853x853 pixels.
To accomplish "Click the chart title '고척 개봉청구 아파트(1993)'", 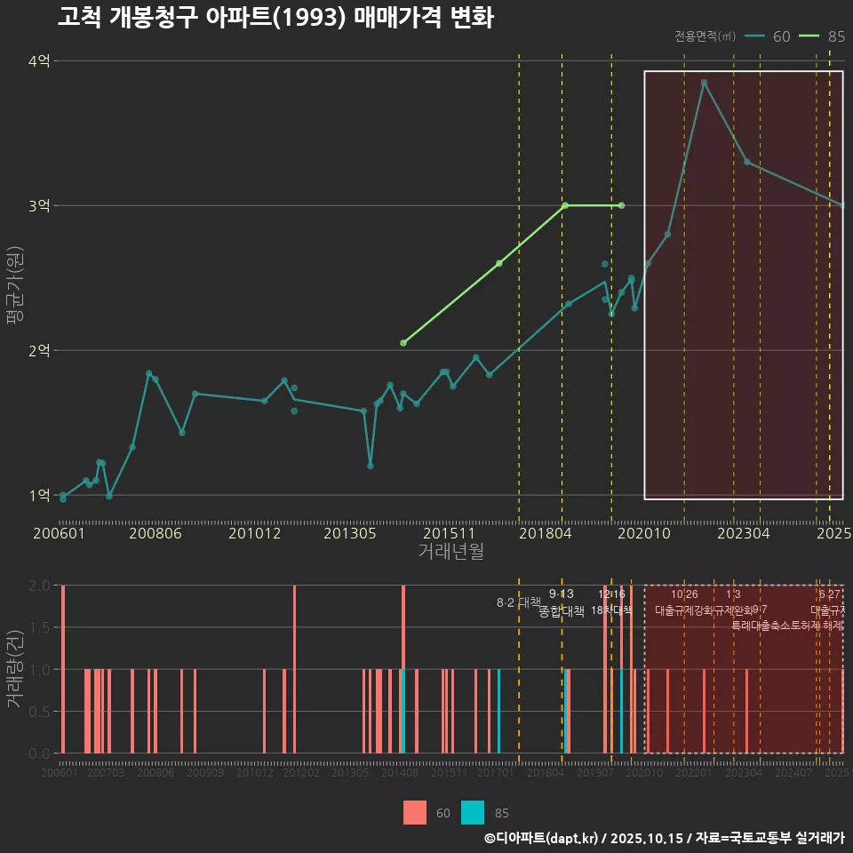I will [x=275, y=18].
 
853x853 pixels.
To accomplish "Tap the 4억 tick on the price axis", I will [x=39, y=61].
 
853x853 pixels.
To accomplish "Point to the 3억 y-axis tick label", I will [x=39, y=206].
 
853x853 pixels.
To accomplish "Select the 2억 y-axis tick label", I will [x=39, y=351].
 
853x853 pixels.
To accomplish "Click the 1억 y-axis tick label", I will [x=39, y=496].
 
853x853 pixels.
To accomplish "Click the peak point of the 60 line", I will [x=704, y=83].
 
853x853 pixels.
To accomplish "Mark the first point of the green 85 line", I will [x=403, y=343].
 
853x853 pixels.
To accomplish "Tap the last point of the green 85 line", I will [x=621, y=205].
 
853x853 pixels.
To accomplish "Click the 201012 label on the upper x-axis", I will [x=255, y=534].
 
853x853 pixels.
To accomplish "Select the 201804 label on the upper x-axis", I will [x=544, y=534].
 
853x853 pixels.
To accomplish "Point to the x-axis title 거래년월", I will [x=450, y=552].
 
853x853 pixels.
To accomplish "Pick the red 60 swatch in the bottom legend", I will [x=415, y=813].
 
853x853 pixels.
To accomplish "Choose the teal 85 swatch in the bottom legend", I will [x=474, y=813].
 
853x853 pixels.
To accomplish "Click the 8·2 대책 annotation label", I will [x=518, y=602].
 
